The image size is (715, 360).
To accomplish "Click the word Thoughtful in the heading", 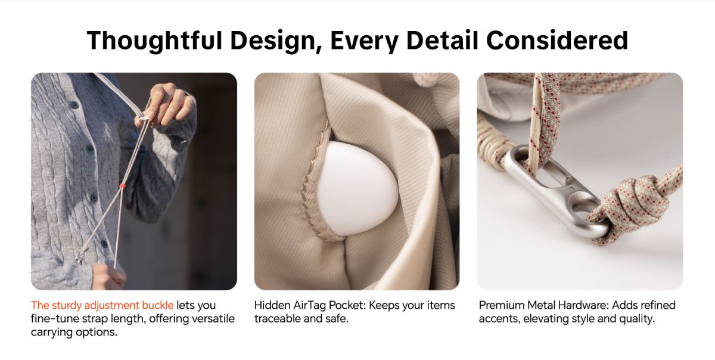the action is pos(154,41).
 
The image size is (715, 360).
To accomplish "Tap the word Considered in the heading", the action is pos(557,41).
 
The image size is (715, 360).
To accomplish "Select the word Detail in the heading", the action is pos(442,41).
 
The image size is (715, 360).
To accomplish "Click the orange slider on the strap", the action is pos(122,185).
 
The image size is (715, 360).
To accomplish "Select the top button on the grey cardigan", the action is pos(74,105).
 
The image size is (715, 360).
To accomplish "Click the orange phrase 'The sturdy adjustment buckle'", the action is pos(102,305).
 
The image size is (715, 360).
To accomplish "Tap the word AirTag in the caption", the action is pos(309,305).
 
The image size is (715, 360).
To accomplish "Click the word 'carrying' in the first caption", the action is pos(51,333).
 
